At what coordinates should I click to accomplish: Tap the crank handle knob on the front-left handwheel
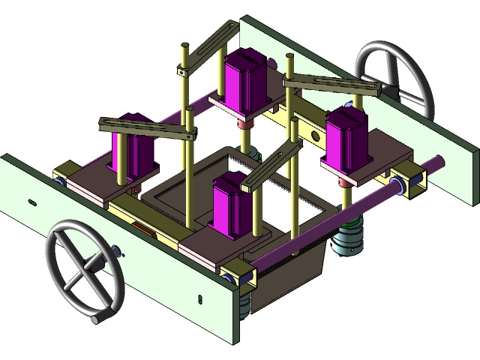coord(97,319)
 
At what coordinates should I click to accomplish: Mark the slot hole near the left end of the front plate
coord(31,202)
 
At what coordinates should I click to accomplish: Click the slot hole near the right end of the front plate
coord(201,298)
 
